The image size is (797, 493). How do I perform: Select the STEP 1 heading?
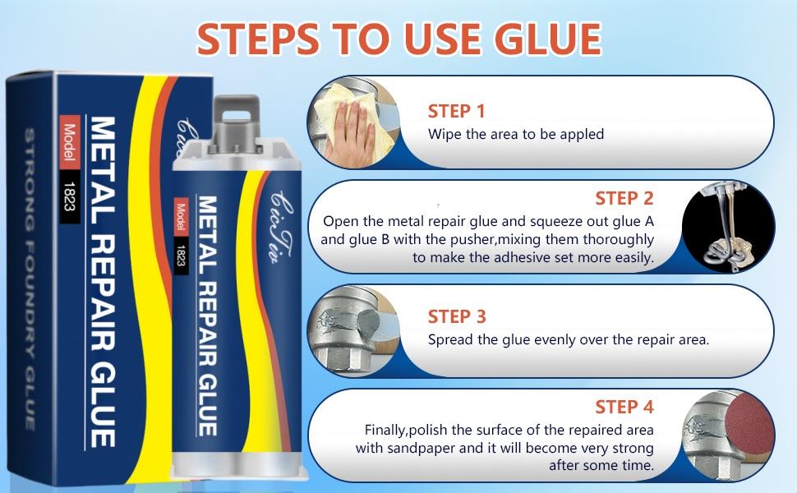pos(456,111)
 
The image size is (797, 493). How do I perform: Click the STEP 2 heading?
pos(624,198)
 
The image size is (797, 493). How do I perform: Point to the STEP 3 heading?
pos(456,316)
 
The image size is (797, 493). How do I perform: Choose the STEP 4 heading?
pos(624,407)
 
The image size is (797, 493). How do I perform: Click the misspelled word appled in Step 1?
pos(582,134)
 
